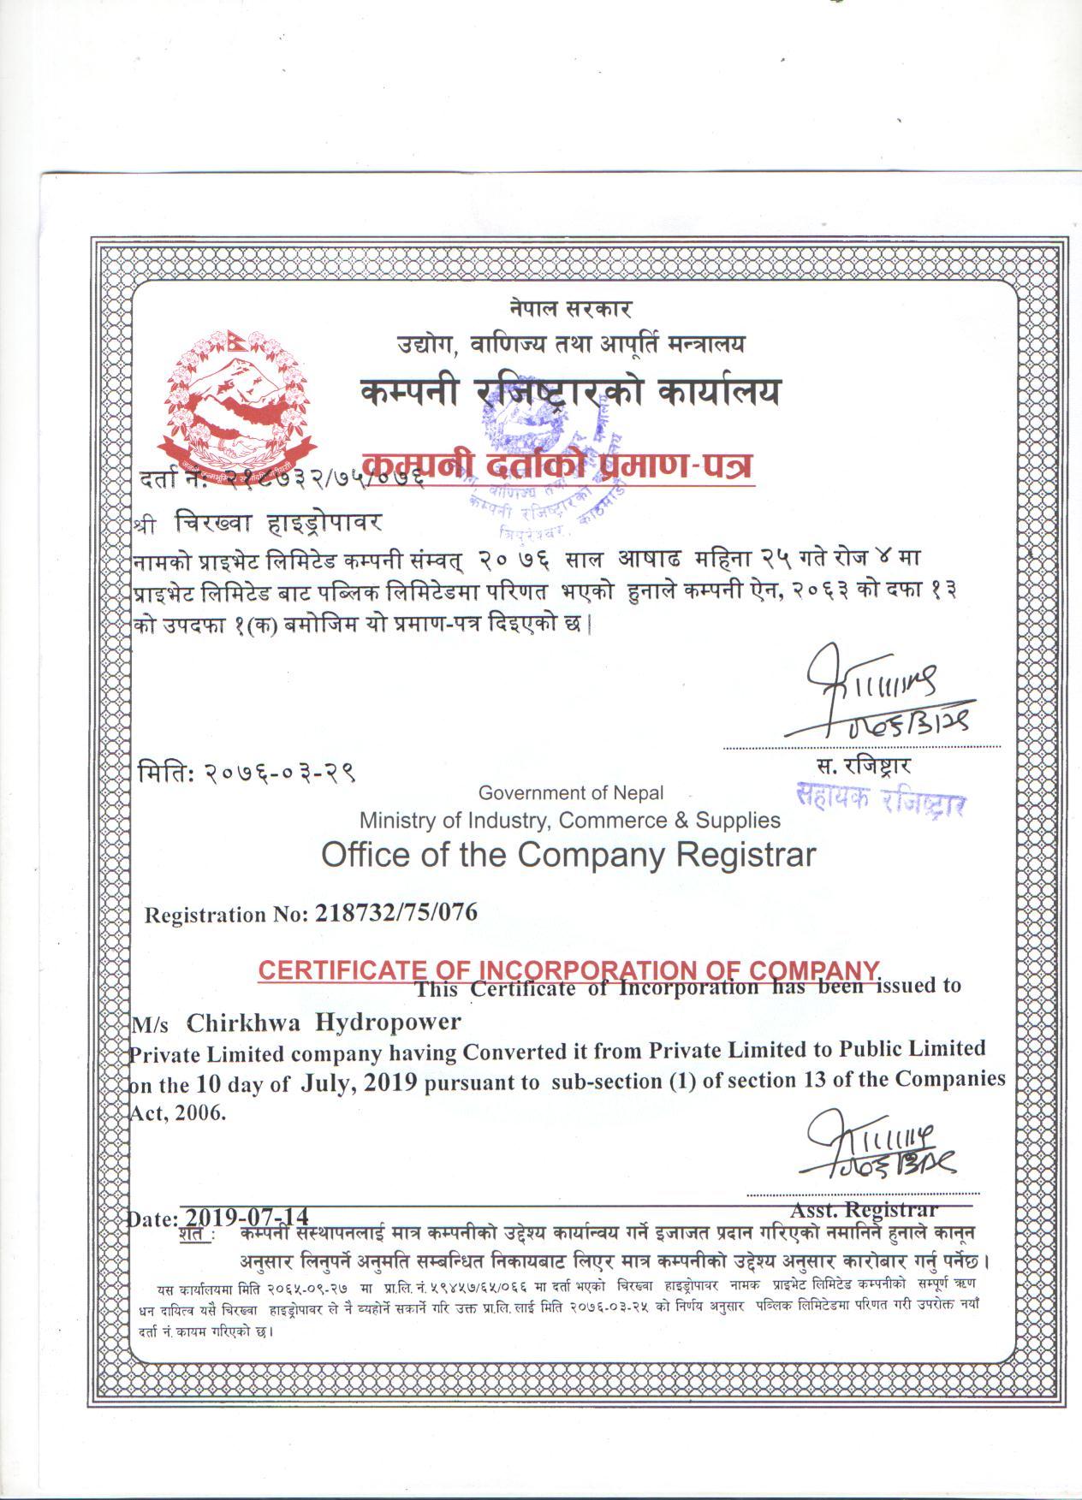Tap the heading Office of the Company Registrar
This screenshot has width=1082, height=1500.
click(568, 854)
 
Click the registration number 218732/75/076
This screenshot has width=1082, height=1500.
click(396, 913)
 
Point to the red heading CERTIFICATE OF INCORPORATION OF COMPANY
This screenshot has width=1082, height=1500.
click(568, 969)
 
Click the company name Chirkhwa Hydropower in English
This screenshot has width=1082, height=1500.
click(324, 1022)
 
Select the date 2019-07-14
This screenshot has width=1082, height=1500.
click(247, 1217)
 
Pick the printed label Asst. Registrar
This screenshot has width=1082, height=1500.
click(864, 1210)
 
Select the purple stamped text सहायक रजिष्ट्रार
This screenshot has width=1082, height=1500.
click(881, 800)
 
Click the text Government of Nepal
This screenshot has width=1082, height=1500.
click(570, 793)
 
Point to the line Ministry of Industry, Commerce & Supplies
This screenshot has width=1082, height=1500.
click(569, 821)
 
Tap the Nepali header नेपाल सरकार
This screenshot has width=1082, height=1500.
click(569, 308)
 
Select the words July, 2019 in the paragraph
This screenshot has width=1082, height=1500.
click(359, 1082)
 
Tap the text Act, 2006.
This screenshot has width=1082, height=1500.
click(177, 1114)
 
